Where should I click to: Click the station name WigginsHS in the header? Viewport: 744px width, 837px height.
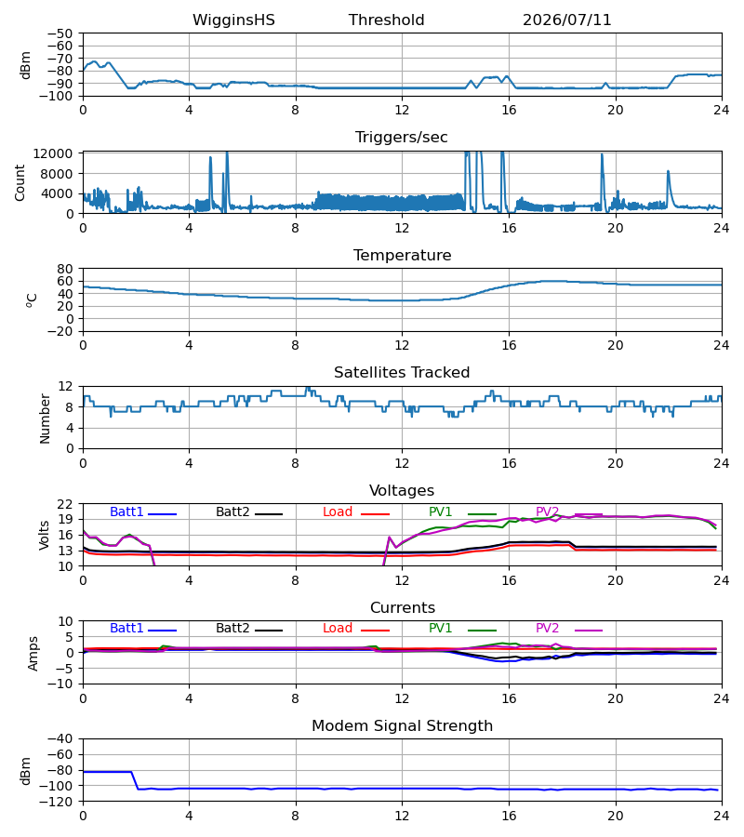(233, 20)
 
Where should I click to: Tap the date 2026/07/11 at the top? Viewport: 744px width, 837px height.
(566, 20)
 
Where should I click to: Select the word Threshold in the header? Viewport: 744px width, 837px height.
(386, 20)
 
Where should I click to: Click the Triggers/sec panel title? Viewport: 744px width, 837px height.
(402, 138)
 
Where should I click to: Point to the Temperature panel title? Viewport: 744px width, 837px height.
(402, 255)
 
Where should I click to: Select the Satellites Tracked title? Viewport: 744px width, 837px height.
(402, 373)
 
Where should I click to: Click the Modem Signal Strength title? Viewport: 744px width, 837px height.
(402, 726)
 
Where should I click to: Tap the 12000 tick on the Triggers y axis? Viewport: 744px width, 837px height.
(52, 153)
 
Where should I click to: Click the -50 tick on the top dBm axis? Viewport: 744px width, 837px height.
(60, 33)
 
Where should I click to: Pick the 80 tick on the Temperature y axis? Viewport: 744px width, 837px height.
(65, 269)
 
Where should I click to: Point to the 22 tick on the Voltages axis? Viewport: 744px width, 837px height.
(65, 504)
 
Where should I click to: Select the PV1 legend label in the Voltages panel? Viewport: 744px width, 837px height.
(440, 511)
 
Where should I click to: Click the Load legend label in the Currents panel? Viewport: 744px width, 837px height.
(338, 629)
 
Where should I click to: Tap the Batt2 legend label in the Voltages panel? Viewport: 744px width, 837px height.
(232, 511)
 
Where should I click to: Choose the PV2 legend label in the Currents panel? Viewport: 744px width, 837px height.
(547, 629)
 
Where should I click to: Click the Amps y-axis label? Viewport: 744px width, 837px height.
(33, 653)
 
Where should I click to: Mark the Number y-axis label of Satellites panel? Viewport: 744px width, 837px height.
(45, 418)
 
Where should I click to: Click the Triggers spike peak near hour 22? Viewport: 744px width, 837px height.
(668, 171)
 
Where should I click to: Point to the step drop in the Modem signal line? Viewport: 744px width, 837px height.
(135, 780)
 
